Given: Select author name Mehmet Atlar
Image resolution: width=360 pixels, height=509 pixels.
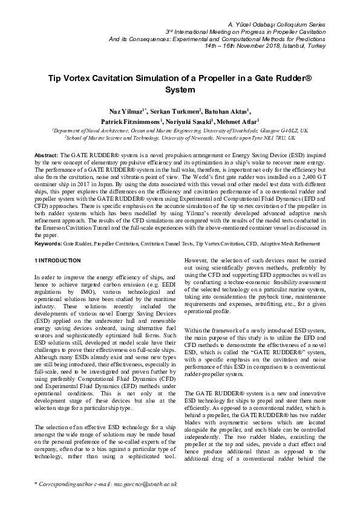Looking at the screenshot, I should coord(237,121).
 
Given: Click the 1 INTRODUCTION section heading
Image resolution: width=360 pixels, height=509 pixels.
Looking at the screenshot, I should coord(57,261).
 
